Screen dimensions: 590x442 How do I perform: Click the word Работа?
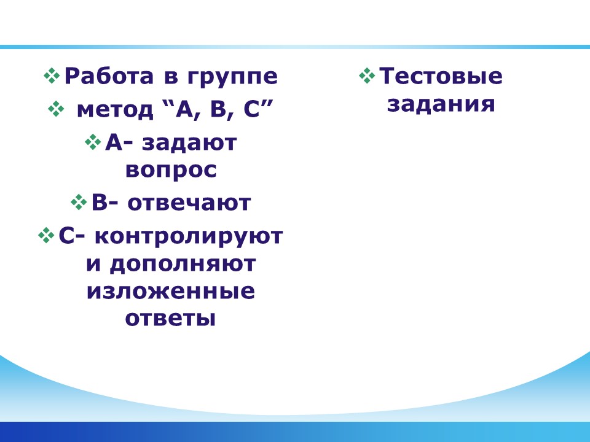coord(109,76)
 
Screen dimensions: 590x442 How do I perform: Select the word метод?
coord(115,110)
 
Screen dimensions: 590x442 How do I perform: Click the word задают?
coord(189,144)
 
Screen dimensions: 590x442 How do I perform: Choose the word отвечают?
coord(189,203)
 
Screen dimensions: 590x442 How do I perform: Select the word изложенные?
coord(171,292)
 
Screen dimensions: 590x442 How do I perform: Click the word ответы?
coord(170,319)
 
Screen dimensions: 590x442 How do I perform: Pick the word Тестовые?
coord(441,76)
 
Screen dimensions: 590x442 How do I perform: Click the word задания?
coord(441,104)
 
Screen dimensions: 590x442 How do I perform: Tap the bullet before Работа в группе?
coord(52,76)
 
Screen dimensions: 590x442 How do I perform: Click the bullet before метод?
coord(56,109)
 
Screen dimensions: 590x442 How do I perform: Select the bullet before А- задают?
coord(93,142)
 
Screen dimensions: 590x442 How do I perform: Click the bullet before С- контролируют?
coord(46,235)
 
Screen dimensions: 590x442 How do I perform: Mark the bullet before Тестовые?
coord(367,76)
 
